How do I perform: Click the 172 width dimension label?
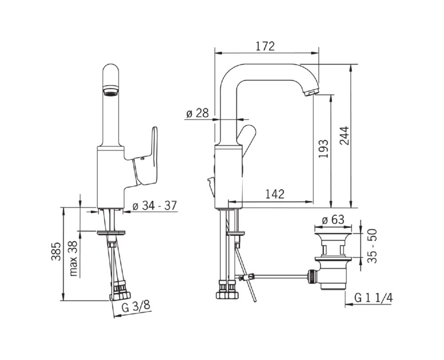point(266,46)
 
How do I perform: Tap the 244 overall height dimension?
point(345,136)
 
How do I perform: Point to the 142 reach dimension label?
point(275,194)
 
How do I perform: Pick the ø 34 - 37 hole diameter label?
point(155,205)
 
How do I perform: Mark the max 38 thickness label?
point(74,258)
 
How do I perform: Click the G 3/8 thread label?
point(135,307)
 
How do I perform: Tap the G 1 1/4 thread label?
point(374,298)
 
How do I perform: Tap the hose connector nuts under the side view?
point(227,293)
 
